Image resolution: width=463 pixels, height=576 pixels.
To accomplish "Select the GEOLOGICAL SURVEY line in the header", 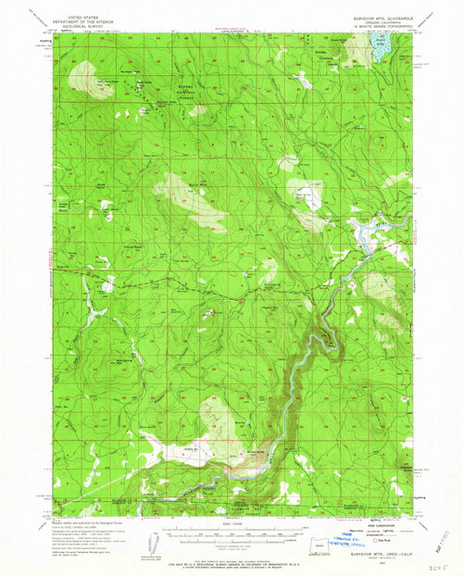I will [x=74, y=20].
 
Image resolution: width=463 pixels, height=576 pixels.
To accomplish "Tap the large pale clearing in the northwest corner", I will [x=93, y=78].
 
